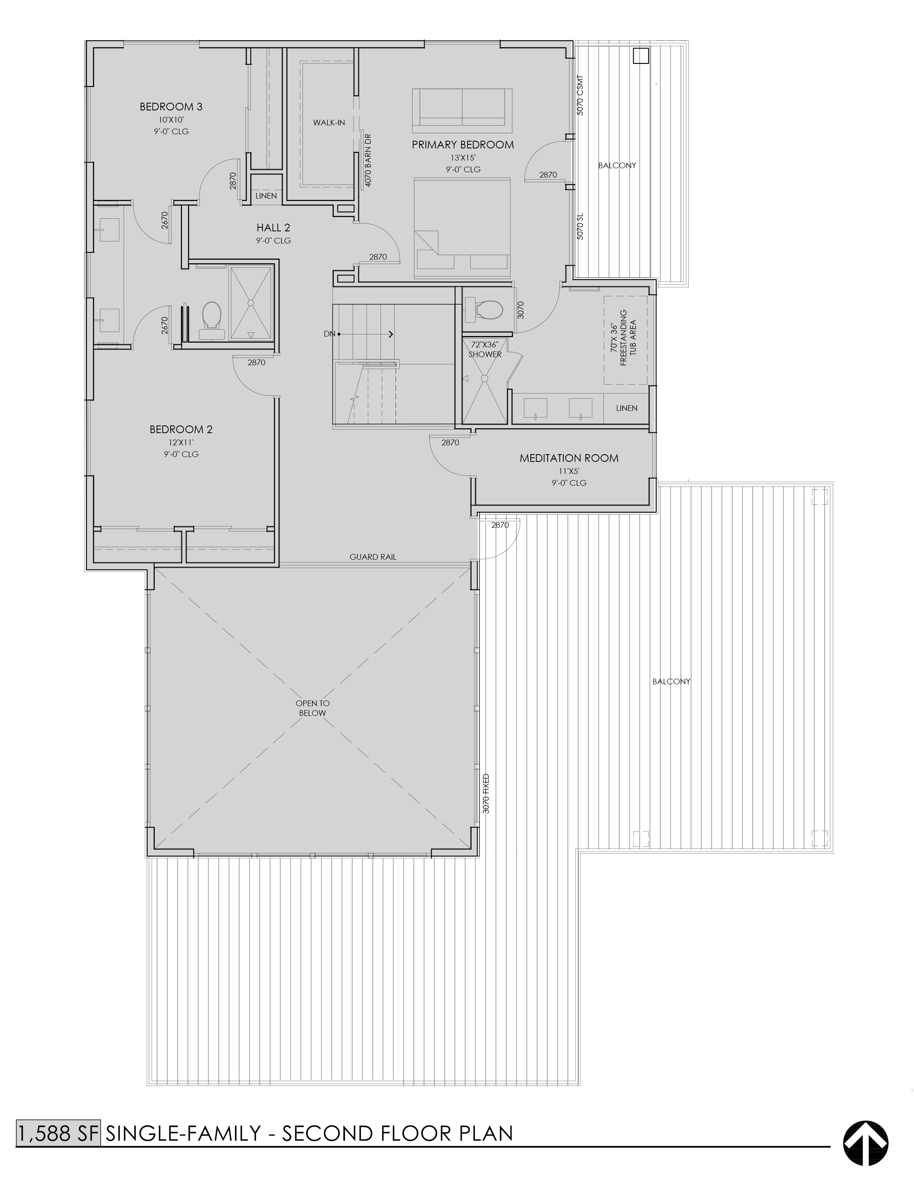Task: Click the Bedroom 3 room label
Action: [171, 106]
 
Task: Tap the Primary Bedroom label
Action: [462, 144]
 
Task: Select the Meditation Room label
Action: [568, 458]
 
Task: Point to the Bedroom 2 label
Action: [181, 430]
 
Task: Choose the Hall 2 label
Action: [273, 228]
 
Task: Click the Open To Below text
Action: [313, 708]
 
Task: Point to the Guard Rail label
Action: [373, 557]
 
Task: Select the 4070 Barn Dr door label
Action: [368, 160]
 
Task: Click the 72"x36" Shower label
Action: [485, 349]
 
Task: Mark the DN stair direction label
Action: [329, 334]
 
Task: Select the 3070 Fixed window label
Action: [486, 793]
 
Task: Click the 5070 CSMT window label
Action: [580, 95]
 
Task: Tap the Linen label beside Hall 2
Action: [266, 196]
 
